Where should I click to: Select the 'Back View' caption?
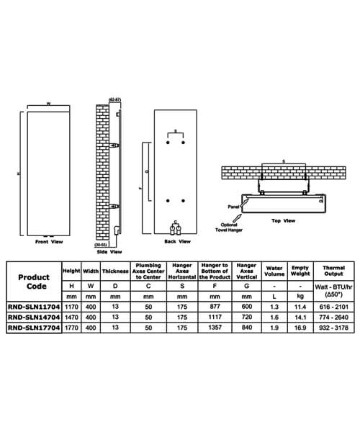click(x=175, y=243)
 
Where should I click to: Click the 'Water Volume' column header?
click(x=274, y=271)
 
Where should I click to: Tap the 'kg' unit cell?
click(x=300, y=294)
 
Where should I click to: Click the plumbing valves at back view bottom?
click(x=176, y=230)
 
